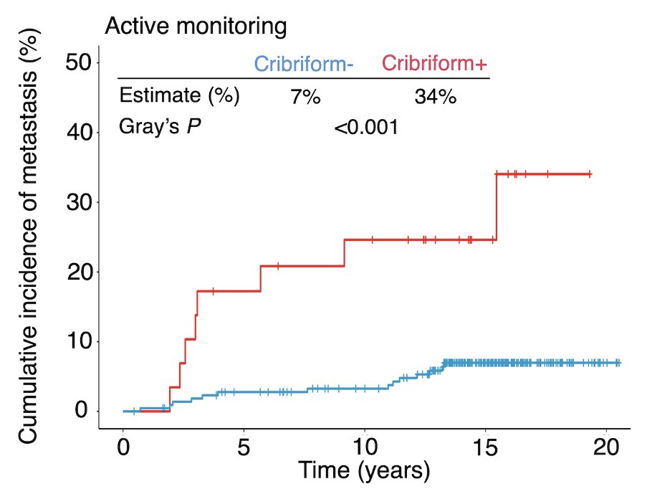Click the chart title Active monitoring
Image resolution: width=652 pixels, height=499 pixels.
(x=196, y=27)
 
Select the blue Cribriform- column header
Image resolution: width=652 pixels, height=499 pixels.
(x=304, y=65)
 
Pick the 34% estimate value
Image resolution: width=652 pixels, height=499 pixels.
(x=435, y=98)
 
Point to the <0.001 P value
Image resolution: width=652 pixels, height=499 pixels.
(x=365, y=128)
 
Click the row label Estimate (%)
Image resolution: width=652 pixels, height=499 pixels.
(x=179, y=96)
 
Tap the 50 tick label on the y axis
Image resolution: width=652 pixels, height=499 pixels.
(x=80, y=63)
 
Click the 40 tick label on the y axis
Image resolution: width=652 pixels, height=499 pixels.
(x=80, y=133)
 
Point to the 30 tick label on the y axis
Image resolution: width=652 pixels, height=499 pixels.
(x=80, y=202)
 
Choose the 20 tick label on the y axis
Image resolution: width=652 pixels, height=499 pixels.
(x=80, y=272)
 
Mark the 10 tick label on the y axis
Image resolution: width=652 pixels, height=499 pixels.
(x=80, y=341)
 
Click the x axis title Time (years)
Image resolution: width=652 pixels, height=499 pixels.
(x=364, y=472)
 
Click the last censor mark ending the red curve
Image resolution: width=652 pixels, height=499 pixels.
(x=589, y=174)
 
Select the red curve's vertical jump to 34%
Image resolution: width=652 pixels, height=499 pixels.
(x=496, y=207)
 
